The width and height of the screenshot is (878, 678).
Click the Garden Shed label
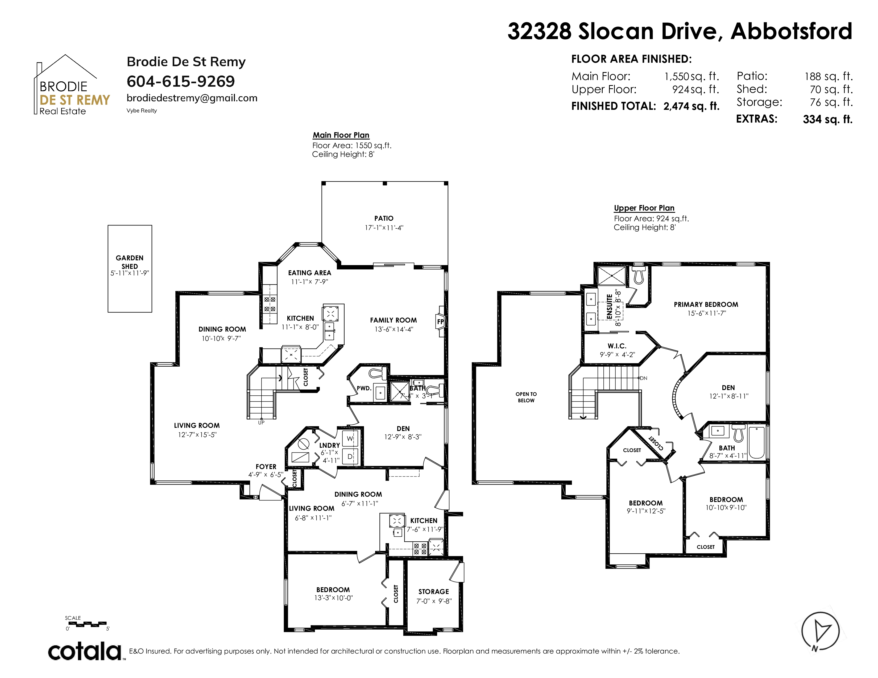pyautogui.click(x=130, y=262)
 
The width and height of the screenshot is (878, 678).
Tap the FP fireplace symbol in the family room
pyautogui.click(x=441, y=321)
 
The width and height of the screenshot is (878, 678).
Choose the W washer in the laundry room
pyautogui.click(x=350, y=438)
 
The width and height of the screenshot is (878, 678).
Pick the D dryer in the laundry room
pyautogui.click(x=350, y=457)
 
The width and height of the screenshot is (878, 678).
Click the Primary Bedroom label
pyautogui.click(x=706, y=304)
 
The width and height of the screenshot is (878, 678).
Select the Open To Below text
pyautogui.click(x=526, y=397)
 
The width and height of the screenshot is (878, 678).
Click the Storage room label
pyautogui.click(x=433, y=592)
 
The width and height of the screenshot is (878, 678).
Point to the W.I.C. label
pyautogui.click(x=617, y=346)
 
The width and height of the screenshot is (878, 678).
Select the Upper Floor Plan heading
pyautogui.click(x=644, y=208)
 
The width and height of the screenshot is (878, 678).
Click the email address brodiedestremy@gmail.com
pyautogui.click(x=192, y=98)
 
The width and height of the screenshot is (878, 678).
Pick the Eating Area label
pyautogui.click(x=309, y=273)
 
